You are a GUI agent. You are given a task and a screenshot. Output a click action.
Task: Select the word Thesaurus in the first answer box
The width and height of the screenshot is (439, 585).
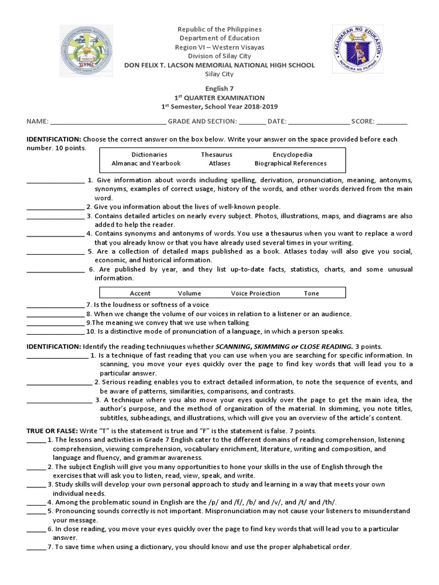pyautogui.click(x=216, y=154)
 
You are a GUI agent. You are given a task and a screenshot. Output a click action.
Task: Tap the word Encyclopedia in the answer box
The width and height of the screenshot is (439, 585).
pyautogui.click(x=292, y=154)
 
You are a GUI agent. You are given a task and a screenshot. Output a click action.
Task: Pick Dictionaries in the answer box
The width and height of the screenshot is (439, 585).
pyautogui.click(x=149, y=154)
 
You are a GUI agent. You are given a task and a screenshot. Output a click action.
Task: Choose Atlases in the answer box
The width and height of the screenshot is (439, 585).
pyautogui.click(x=219, y=163)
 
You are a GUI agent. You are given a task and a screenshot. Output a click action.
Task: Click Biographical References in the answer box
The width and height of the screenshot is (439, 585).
pyautogui.click(x=290, y=163)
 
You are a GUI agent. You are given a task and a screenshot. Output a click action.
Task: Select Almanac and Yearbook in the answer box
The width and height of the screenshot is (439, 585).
pyautogui.click(x=146, y=163)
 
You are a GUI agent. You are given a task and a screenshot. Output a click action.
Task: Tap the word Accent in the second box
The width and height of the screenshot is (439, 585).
pyautogui.click(x=140, y=293)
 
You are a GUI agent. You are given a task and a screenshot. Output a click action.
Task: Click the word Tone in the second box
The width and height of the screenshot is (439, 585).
pyautogui.click(x=312, y=293)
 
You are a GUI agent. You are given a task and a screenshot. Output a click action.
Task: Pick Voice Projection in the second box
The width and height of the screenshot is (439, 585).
pyautogui.click(x=256, y=293)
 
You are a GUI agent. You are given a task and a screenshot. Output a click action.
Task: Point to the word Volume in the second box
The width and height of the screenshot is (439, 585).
pyautogui.click(x=189, y=293)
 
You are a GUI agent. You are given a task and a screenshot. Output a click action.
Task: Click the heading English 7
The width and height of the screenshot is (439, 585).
pyautogui.click(x=219, y=89)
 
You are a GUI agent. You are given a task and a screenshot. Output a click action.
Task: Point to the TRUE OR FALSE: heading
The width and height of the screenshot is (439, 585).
pyautogui.click(x=54, y=430)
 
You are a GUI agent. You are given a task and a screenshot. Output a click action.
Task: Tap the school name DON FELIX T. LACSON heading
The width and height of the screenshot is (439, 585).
pyautogui.click(x=219, y=65)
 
